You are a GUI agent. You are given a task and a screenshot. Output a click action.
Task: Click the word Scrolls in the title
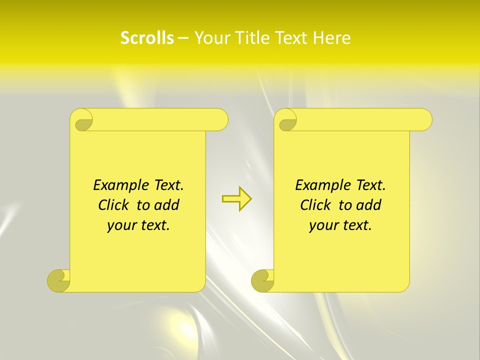click(147, 38)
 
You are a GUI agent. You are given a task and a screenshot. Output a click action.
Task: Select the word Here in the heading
click(331, 38)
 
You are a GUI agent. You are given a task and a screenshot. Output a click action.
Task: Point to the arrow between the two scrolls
click(236, 198)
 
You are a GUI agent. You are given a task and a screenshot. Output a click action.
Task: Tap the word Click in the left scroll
click(115, 205)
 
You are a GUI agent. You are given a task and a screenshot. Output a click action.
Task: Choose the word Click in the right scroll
click(317, 205)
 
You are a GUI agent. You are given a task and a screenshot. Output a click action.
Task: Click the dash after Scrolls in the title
click(183, 38)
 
